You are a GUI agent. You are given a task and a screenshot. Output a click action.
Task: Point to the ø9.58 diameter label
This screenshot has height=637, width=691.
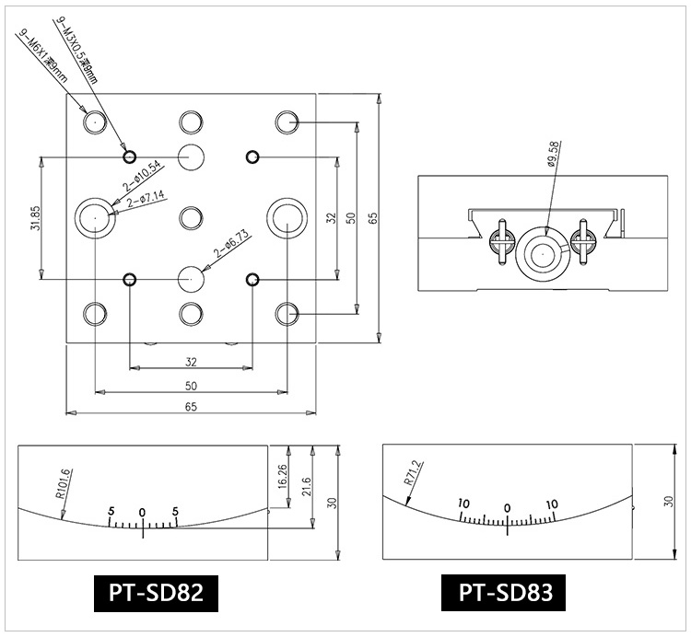[553, 156]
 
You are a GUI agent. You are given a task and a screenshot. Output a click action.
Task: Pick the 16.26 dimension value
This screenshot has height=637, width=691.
[281, 476]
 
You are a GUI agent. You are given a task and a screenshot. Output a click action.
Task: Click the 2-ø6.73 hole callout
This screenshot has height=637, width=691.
[232, 243]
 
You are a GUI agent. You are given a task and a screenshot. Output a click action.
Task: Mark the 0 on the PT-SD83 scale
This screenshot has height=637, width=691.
[508, 507]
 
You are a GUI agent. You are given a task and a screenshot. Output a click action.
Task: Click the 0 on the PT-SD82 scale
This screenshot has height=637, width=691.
[142, 512]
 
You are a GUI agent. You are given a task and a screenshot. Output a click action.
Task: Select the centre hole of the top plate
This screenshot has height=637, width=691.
[191, 218]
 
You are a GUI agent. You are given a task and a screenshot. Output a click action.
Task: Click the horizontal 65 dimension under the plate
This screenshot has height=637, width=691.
[191, 406]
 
